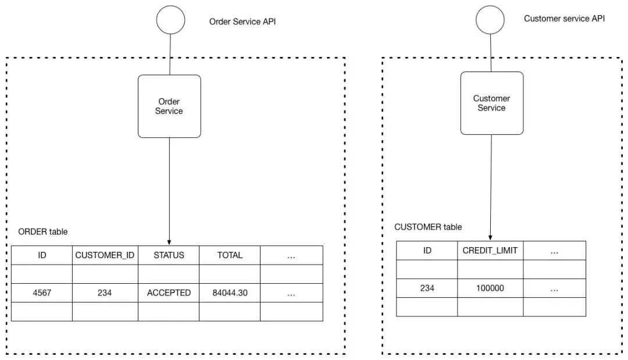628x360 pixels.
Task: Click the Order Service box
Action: (x=169, y=106)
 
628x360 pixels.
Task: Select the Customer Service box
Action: (x=492, y=104)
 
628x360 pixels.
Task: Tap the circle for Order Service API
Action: (x=170, y=20)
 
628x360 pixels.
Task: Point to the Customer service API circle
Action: (x=490, y=20)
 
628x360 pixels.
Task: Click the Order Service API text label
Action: (x=242, y=22)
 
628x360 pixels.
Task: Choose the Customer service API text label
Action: (x=564, y=19)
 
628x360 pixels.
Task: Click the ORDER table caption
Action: (x=43, y=231)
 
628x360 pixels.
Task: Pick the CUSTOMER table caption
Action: (x=428, y=227)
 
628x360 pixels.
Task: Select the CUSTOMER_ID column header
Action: (x=105, y=255)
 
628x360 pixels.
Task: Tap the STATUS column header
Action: (x=169, y=255)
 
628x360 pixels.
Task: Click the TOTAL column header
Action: (x=230, y=255)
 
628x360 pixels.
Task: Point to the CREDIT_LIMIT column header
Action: (x=490, y=251)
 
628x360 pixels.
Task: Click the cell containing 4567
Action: (x=42, y=293)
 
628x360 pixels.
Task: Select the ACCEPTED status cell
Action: (x=169, y=293)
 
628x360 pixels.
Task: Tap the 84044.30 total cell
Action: (x=230, y=293)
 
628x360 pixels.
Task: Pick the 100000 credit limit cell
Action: (x=490, y=288)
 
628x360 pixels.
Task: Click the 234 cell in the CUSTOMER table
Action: (x=427, y=288)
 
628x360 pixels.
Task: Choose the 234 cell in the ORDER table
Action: (x=105, y=293)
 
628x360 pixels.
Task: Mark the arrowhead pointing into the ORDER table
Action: (x=169, y=243)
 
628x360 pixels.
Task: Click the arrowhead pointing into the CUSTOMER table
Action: (x=490, y=238)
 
